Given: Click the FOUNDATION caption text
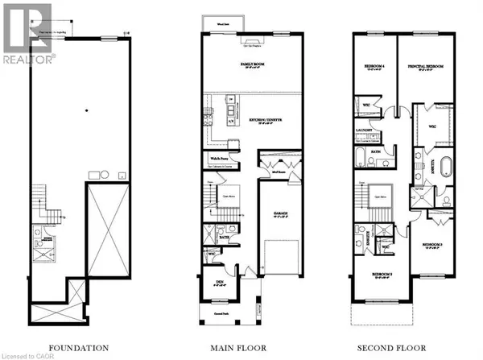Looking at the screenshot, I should (78, 348).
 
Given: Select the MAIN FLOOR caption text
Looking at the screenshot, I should (240, 348).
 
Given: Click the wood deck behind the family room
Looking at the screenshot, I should (217, 21).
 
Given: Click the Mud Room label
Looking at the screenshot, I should (279, 172).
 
